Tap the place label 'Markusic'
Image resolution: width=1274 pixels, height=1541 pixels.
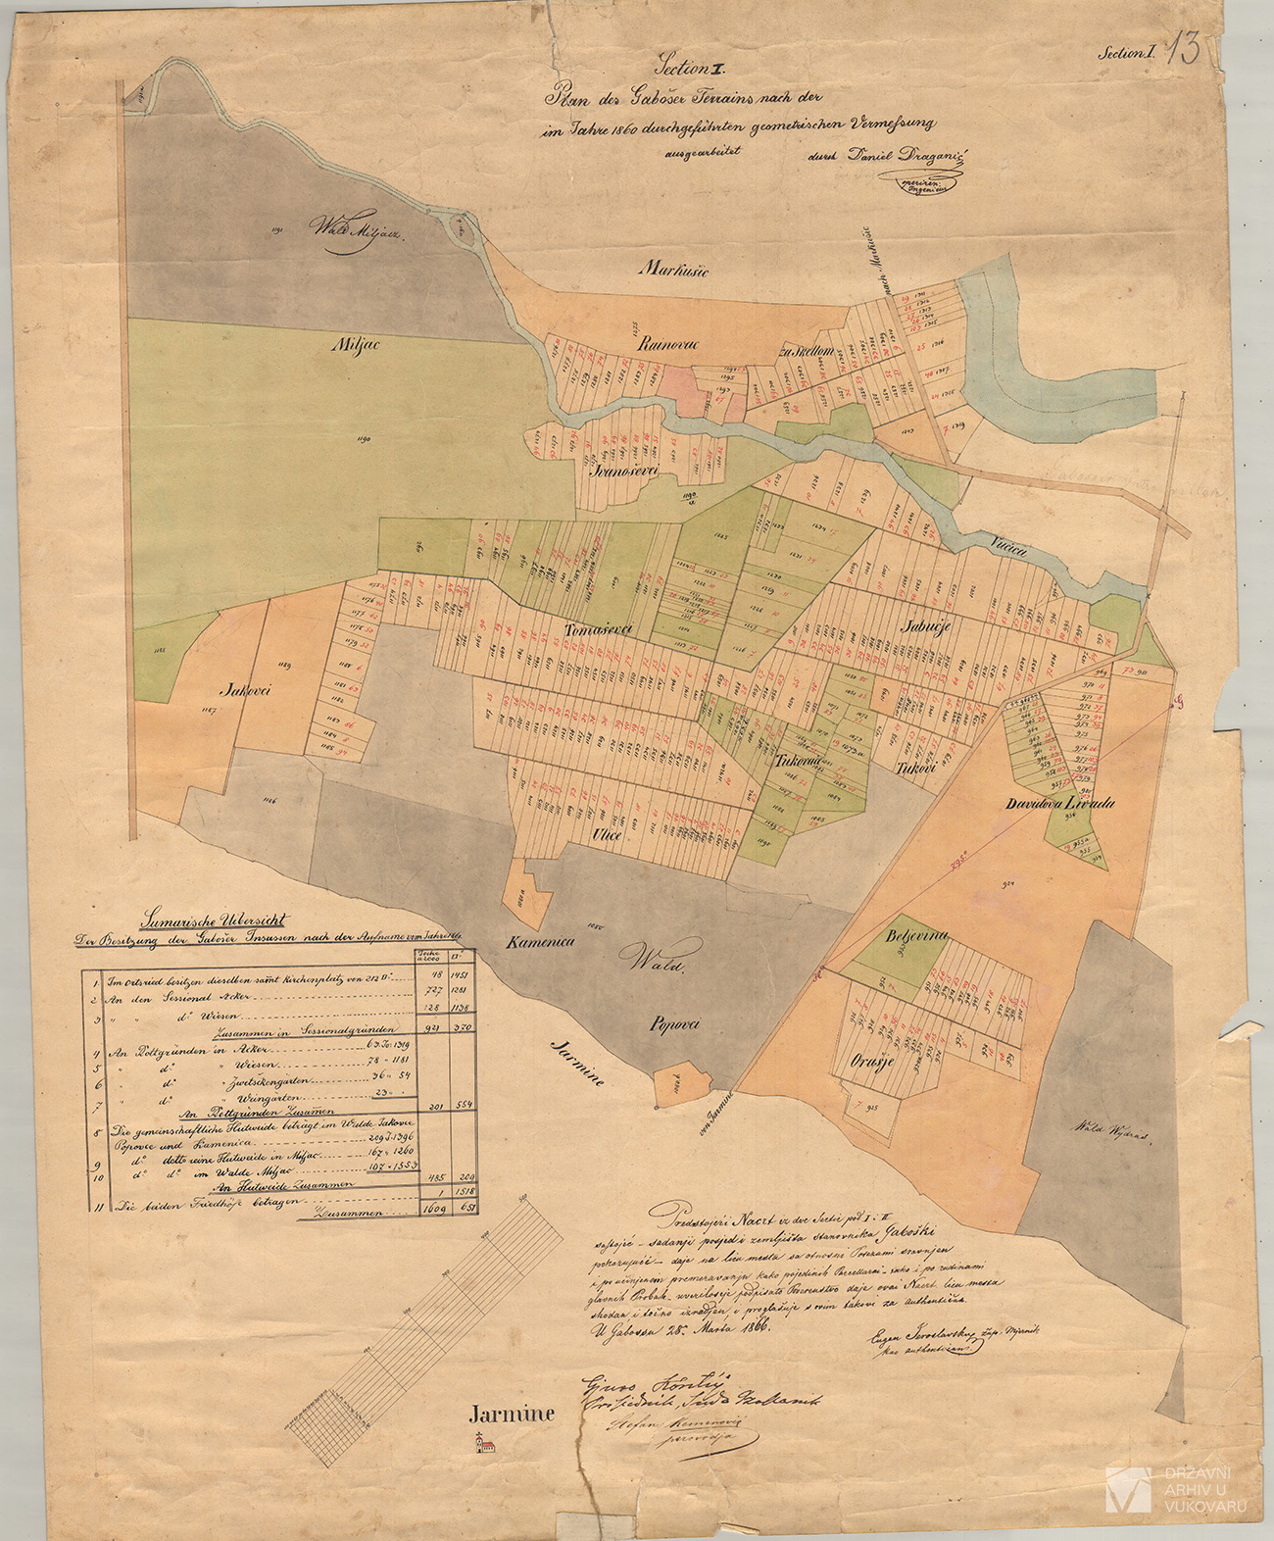click(x=674, y=269)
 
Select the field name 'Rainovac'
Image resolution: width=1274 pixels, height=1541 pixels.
click(x=665, y=344)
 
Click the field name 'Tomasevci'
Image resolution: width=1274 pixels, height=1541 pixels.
click(x=599, y=629)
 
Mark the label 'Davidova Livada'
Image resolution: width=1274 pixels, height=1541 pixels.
click(x=1059, y=804)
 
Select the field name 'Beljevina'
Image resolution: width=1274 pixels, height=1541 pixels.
click(x=917, y=936)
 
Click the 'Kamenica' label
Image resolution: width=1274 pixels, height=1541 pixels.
click(x=539, y=943)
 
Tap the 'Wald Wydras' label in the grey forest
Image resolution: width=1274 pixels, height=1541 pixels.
click(x=1108, y=1131)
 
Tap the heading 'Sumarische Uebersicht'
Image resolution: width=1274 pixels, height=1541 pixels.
click(x=214, y=920)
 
